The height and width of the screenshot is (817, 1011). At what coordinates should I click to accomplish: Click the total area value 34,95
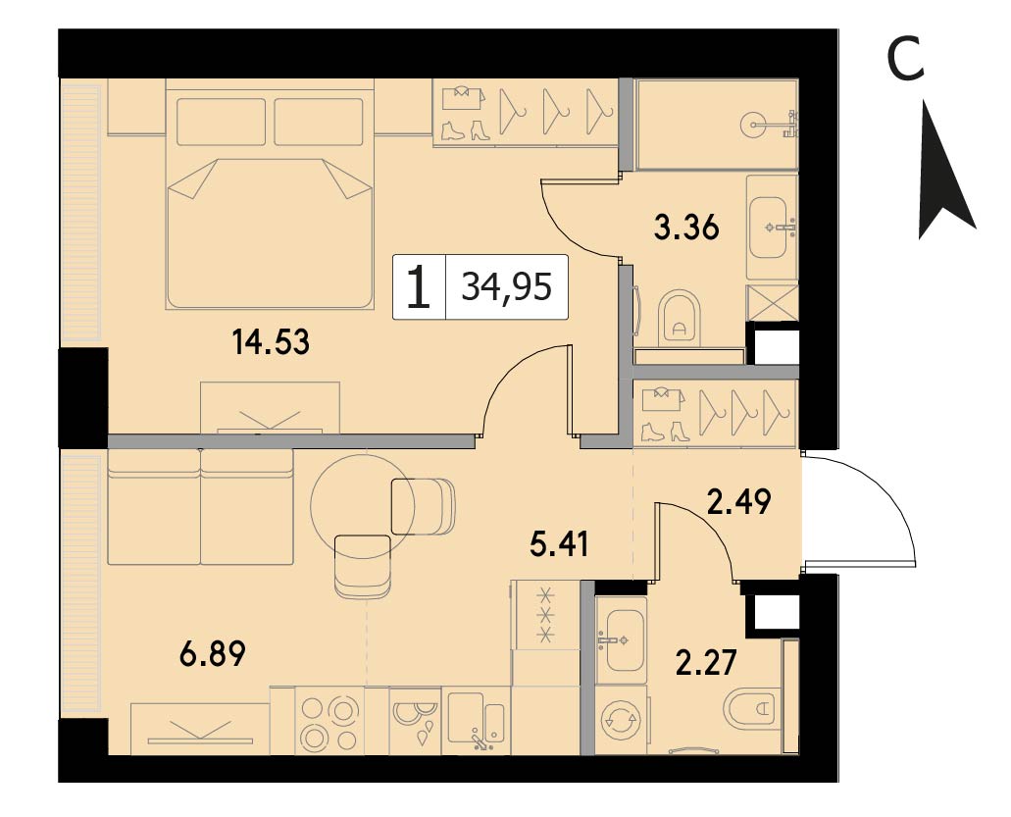tap(507, 286)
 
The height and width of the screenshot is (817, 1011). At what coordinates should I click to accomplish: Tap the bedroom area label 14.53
tap(271, 341)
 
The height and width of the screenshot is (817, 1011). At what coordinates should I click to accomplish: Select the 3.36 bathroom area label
tap(686, 229)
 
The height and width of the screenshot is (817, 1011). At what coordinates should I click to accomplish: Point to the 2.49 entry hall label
tap(739, 502)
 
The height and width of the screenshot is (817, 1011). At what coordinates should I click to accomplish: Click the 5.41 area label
tap(558, 545)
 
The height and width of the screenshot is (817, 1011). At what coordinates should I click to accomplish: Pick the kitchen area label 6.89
tap(213, 654)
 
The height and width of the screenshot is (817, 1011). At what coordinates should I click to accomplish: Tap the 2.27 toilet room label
tap(705, 662)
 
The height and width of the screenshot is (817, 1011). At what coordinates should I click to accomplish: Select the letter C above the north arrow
tap(906, 59)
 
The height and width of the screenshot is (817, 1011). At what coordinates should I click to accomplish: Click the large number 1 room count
tap(419, 287)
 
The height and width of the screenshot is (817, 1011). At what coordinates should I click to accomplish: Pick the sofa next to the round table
tap(200, 507)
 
